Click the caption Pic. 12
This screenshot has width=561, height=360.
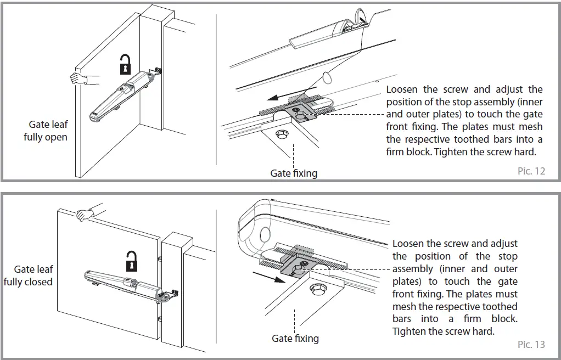(x=531, y=171)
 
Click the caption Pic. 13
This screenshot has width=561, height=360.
(x=531, y=344)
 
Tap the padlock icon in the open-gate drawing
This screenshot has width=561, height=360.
(x=126, y=65)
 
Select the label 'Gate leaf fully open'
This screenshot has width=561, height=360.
(x=46, y=131)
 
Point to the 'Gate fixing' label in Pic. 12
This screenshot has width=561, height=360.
(x=294, y=173)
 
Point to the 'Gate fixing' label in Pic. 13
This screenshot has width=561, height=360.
(x=295, y=339)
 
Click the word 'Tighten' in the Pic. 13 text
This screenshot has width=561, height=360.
(x=408, y=331)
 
